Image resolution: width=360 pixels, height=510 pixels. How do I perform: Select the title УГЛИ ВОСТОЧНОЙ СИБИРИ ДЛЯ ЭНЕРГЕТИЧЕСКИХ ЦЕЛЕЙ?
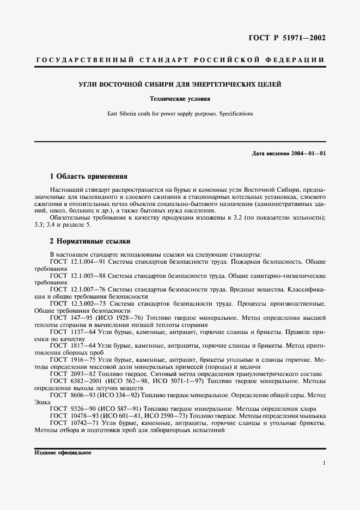click(180, 85)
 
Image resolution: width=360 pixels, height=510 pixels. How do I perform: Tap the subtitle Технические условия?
click(180, 99)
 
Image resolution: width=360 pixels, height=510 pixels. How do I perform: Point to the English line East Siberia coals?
click(180, 114)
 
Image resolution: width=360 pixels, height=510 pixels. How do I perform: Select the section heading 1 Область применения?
click(88, 177)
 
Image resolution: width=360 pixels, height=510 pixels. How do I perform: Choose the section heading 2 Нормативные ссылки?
click(90, 241)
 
